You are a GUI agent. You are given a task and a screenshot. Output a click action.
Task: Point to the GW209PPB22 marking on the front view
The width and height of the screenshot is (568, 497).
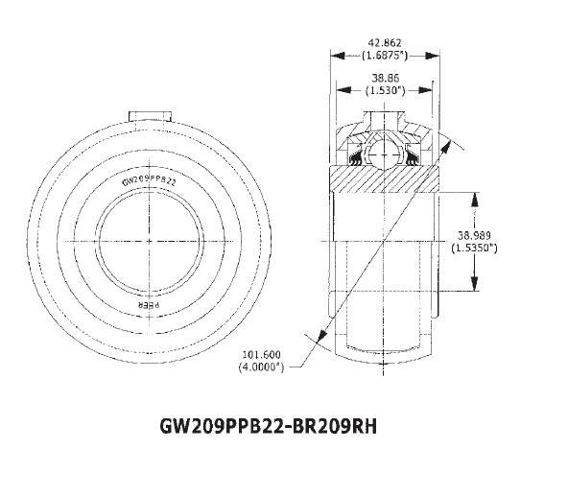[x=149, y=179]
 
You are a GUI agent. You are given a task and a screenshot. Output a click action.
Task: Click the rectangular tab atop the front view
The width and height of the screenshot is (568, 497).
[x=149, y=116]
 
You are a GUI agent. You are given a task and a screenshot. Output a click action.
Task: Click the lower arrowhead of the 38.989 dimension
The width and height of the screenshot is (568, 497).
[x=474, y=287]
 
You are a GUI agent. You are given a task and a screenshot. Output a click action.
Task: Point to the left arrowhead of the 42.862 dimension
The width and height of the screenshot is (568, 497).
[x=335, y=56]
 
